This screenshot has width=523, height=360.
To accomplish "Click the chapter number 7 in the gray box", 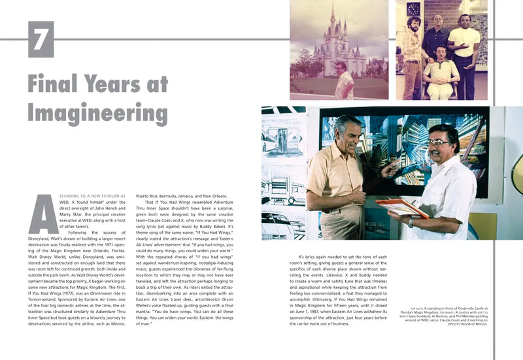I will click(41, 39).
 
